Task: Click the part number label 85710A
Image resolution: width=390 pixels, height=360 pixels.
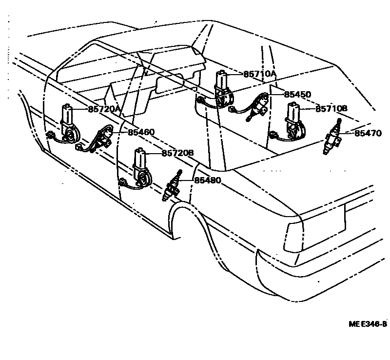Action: (260, 74)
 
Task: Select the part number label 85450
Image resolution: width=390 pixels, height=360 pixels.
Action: (297, 94)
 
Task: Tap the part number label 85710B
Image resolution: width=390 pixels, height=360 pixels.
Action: (331, 109)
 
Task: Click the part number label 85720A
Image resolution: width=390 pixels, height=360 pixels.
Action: (104, 109)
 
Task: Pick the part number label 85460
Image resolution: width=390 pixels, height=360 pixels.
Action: (141, 132)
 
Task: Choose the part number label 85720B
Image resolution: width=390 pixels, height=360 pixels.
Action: (177, 153)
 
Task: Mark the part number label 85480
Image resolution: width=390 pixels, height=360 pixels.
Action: (208, 180)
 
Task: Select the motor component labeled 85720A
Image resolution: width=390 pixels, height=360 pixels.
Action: (68, 124)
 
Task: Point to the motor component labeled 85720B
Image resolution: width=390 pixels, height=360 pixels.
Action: (141, 168)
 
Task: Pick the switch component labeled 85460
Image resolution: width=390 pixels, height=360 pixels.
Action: (103, 139)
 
